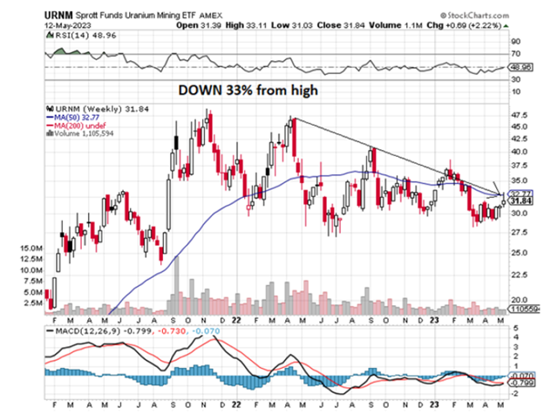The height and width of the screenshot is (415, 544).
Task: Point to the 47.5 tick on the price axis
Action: (x=520, y=115)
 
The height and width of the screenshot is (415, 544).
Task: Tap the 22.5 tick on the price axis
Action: (x=520, y=274)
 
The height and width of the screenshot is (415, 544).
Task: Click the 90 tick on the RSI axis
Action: (x=516, y=41)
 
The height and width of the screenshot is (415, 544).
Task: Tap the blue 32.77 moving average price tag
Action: (x=520, y=194)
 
